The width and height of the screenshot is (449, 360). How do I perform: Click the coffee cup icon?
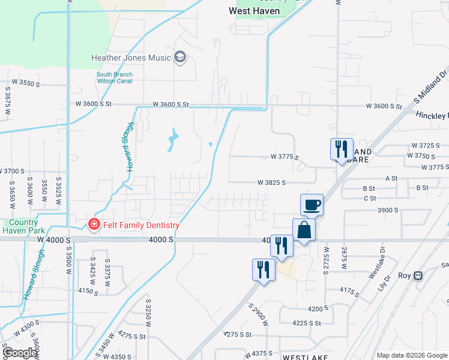(x=312, y=205)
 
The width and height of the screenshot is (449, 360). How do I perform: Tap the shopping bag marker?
(x=304, y=230)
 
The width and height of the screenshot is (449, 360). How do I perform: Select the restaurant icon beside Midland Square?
(x=342, y=149)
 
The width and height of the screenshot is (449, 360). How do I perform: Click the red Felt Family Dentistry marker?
(x=93, y=225)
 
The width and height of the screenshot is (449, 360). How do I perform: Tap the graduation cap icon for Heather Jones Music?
(x=179, y=58)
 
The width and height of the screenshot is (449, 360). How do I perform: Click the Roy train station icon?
(x=419, y=276)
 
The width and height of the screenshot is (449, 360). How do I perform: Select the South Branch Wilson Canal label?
(x=115, y=78)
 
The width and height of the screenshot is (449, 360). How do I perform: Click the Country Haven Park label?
(x=24, y=226)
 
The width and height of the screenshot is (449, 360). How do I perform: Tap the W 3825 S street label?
(x=271, y=182)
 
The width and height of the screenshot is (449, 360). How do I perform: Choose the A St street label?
(x=391, y=178)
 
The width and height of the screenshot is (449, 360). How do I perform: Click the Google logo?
(x=20, y=353)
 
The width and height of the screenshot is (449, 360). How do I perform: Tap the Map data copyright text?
(x=411, y=355)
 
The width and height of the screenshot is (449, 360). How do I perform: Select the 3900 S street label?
(x=388, y=210)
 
